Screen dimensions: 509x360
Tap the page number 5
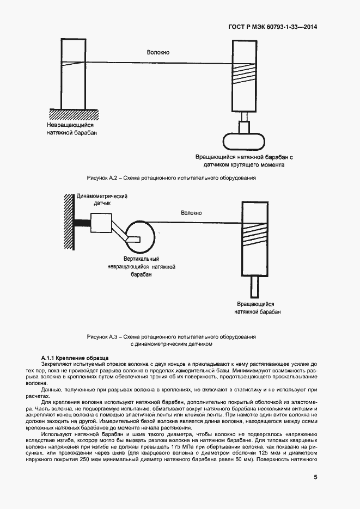[315, 477]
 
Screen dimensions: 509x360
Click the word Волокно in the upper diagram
[158, 52]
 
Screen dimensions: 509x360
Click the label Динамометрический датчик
[102, 199]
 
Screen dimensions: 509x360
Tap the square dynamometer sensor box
[101, 224]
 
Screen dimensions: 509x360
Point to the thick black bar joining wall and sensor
[82, 223]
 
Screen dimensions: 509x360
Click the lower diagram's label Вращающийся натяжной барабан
[258, 308]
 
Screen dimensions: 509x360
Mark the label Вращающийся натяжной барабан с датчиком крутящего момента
[245, 160]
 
